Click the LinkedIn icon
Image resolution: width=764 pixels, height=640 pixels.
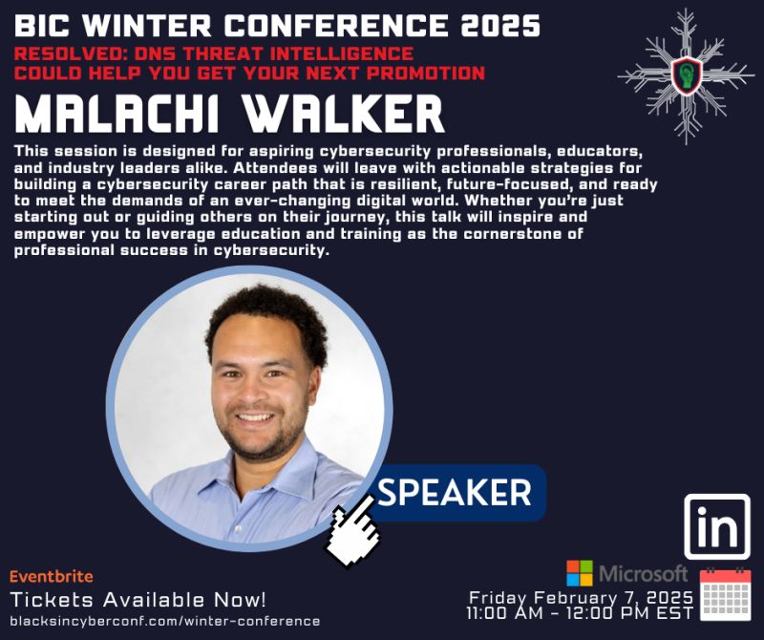coord(717,526)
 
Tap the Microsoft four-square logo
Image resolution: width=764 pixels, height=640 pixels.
coord(579,573)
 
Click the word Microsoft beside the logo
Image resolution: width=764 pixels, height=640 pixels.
coord(643,573)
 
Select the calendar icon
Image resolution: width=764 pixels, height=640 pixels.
coord(726,594)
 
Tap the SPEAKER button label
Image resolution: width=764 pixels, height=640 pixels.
coord(455,492)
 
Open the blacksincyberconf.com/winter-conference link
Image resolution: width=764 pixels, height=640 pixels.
coord(164,621)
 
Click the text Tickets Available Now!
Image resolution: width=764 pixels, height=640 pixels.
coord(138,600)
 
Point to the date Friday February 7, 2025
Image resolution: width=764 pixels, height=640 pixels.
coord(581,597)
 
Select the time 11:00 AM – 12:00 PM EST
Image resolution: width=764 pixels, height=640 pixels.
coord(581,613)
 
